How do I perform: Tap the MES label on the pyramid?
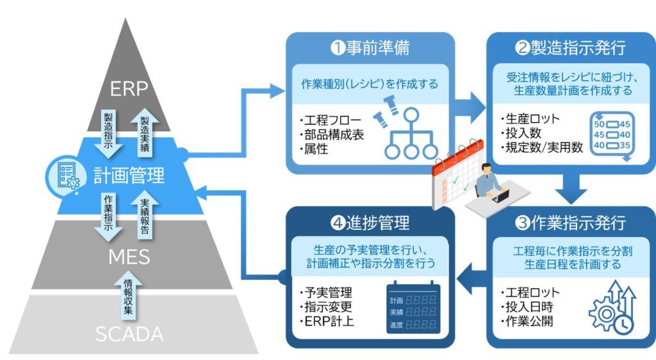click(x=129, y=257)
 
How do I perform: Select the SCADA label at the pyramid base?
click(x=129, y=334)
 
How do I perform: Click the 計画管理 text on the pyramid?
click(x=129, y=175)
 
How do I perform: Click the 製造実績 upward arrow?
click(x=145, y=128)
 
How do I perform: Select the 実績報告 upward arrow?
click(x=145, y=211)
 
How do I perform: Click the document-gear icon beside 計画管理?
click(x=67, y=175)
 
